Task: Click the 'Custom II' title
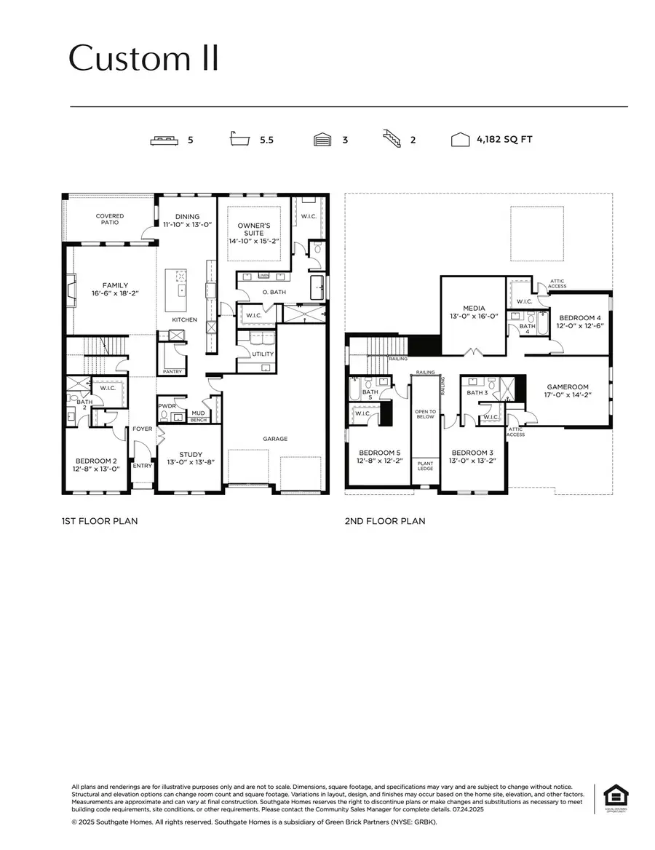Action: (143, 59)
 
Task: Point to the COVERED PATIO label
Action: (110, 218)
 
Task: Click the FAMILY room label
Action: (115, 285)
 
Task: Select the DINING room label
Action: (186, 215)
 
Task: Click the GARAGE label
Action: (275, 439)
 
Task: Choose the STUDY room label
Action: (191, 454)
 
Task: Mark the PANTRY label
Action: (172, 371)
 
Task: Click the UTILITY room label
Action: (263, 354)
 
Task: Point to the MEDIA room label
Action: (474, 308)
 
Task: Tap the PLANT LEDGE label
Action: (425, 465)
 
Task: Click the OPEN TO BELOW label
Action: (425, 414)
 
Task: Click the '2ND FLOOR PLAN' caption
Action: (385, 521)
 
